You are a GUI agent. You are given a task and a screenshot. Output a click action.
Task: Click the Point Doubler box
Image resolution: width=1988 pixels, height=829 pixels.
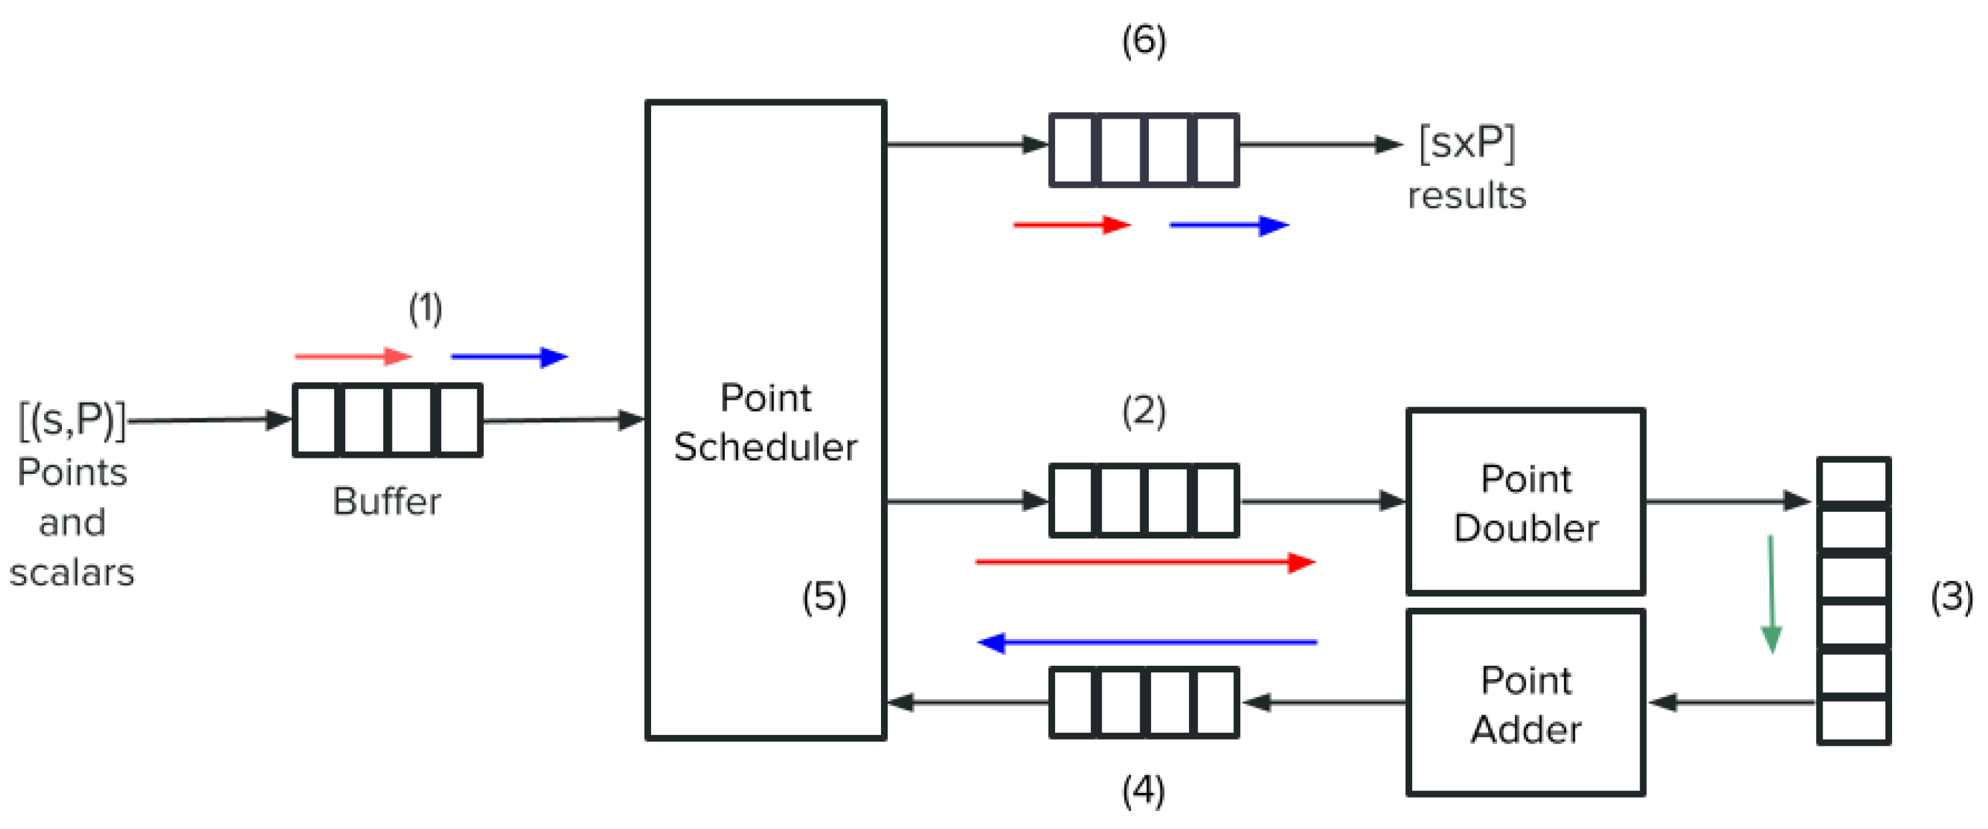pyautogui.click(x=1525, y=502)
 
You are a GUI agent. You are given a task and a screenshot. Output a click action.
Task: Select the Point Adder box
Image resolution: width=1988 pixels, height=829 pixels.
pyautogui.click(x=1525, y=703)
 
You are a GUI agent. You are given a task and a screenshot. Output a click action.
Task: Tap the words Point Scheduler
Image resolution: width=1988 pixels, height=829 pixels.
pyautogui.click(x=765, y=422)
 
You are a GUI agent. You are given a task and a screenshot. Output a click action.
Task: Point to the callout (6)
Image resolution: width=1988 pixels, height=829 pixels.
pyautogui.click(x=1143, y=40)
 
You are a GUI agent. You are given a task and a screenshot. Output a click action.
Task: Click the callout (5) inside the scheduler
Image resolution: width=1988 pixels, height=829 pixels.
pyautogui.click(x=824, y=596)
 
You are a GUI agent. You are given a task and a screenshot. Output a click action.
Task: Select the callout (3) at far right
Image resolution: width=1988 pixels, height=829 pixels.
pyautogui.click(x=1950, y=596)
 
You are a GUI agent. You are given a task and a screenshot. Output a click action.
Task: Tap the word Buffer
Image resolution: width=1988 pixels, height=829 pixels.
pyautogui.click(x=387, y=502)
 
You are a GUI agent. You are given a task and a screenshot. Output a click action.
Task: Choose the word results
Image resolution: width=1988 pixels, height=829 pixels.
pyautogui.click(x=1466, y=195)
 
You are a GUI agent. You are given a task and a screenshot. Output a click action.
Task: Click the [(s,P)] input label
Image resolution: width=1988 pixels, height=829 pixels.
pyautogui.click(x=72, y=420)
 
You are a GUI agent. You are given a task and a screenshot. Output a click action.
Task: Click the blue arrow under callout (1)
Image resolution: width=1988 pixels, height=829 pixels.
pyautogui.click(x=509, y=357)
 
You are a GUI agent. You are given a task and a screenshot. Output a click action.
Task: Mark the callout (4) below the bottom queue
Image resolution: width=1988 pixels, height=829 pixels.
pyautogui.click(x=1143, y=790)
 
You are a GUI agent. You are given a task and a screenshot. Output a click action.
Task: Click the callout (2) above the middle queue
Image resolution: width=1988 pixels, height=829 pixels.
pyautogui.click(x=1143, y=411)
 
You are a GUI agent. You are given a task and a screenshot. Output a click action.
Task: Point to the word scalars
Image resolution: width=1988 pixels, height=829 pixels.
pyautogui.click(x=72, y=572)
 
